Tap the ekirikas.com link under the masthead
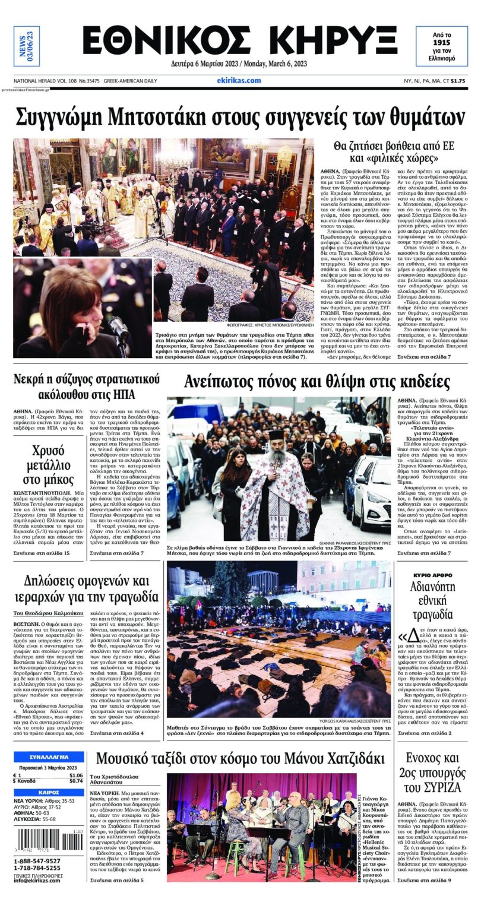(x=239, y=81)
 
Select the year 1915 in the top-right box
(x=441, y=43)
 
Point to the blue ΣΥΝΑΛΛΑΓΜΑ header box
(x=49, y=757)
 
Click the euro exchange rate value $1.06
(x=75, y=775)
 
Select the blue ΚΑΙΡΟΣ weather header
(x=49, y=792)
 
